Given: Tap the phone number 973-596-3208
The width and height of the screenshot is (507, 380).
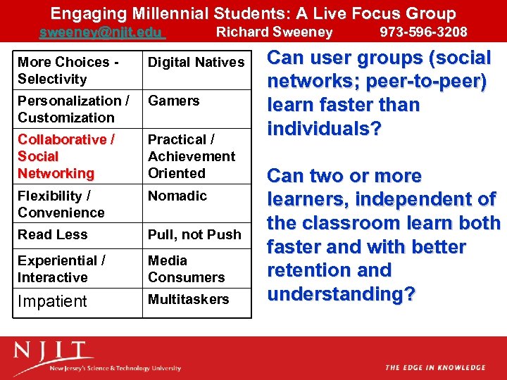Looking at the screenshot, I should coord(423,32).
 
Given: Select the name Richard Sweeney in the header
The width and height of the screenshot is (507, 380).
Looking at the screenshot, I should coord(274,32).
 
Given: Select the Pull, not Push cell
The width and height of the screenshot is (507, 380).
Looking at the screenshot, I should coord(194,235).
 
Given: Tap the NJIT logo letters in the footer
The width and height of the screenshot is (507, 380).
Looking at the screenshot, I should coord(53,352).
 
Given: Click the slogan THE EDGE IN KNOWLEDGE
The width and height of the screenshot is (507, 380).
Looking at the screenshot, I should coord(434,367).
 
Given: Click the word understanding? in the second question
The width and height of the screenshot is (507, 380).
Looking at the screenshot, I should coord(342,293).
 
